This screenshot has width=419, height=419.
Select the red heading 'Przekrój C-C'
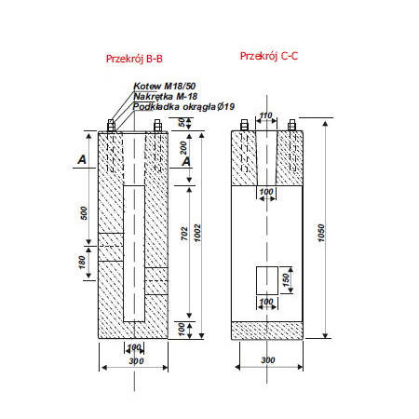tap(268, 56)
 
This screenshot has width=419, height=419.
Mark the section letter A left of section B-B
tap(83, 160)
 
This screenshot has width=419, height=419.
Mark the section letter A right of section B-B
tap(187, 160)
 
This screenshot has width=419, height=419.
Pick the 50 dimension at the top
tap(182, 124)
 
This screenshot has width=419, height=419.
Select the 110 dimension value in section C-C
tap(265, 115)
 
